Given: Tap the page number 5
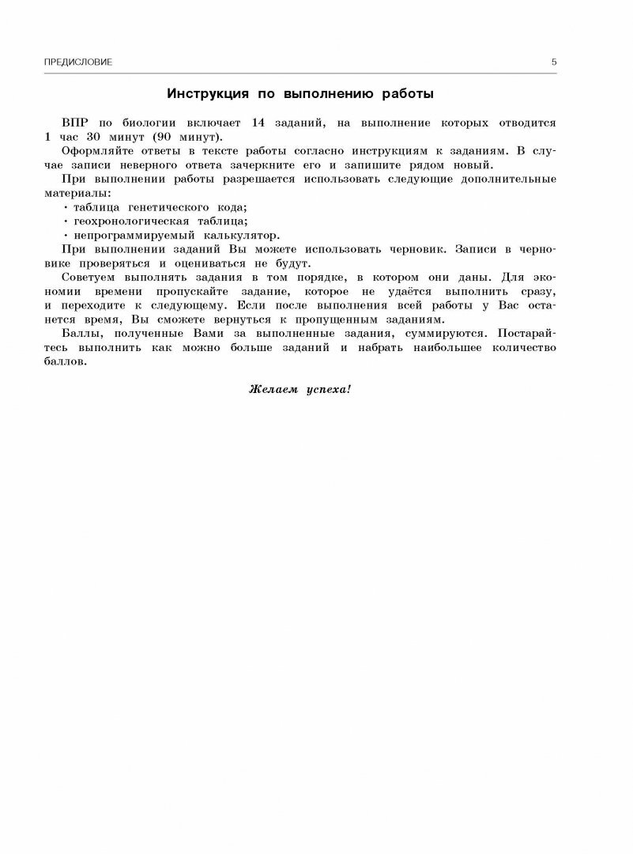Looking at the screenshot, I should tap(554, 62).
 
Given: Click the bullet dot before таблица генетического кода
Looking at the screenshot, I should tap(66, 206).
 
